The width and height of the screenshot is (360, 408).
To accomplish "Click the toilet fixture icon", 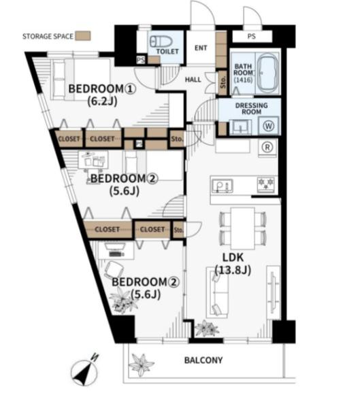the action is click(161, 41).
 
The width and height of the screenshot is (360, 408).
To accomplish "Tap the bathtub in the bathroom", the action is click(268, 73).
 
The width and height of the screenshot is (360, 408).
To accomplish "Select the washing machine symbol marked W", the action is click(268, 126).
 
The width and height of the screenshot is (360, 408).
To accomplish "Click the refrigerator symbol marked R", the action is click(267, 148).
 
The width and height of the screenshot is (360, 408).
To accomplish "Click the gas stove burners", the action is click(265, 184).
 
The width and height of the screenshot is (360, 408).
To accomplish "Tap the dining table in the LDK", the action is click(243, 228).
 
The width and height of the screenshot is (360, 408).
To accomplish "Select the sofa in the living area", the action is click(218, 292).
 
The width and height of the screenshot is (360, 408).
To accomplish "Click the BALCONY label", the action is click(203, 360).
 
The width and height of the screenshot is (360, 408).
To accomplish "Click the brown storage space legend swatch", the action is click(83, 36).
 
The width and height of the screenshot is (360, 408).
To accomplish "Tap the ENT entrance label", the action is click(201, 48).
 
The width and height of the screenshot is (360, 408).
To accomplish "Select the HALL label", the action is click(193, 80).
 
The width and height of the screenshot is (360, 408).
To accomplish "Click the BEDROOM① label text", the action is click(102, 89).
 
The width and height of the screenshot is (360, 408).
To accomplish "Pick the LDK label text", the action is click(233, 257).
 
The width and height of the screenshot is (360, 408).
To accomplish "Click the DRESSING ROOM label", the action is click(251, 109).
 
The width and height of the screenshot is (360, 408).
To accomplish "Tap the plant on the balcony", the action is click(142, 364).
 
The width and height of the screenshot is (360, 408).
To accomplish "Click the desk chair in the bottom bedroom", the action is click(114, 269).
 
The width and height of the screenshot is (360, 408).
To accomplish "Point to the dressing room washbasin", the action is click(240, 127).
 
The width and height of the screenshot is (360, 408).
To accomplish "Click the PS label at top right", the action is click(251, 36).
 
